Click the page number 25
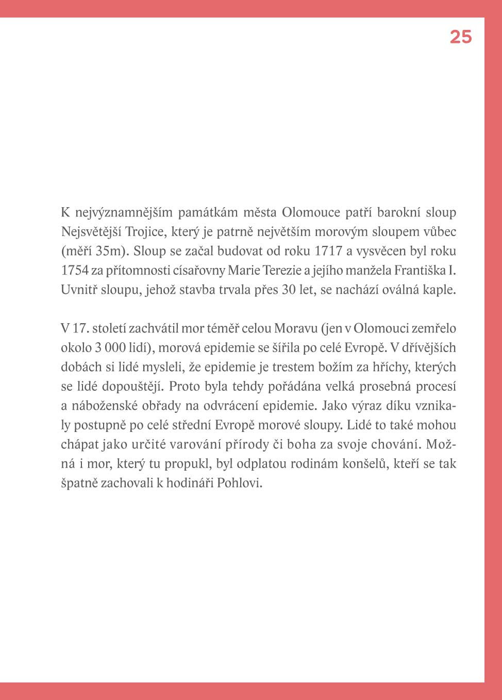click(460, 37)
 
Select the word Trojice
click(144, 232)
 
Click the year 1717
click(328, 251)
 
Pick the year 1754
click(75, 271)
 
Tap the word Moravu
click(296, 328)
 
